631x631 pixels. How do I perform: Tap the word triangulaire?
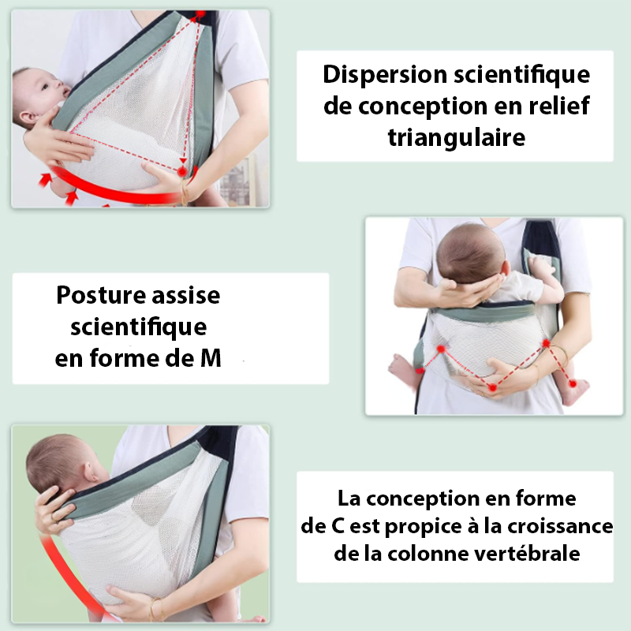pyautogui.click(x=457, y=137)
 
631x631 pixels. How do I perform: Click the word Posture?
pyautogui.click(x=101, y=295)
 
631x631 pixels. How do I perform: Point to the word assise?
pyautogui.click(x=186, y=295)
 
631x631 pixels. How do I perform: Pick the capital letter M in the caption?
pyautogui.click(x=211, y=358)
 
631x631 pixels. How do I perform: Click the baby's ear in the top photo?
pyautogui.click(x=28, y=118)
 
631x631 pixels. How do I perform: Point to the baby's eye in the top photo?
pyautogui.click(x=44, y=88)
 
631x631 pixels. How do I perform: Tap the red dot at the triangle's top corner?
pyautogui.click(x=200, y=14)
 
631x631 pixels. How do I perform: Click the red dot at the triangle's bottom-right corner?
pyautogui.click(x=182, y=171)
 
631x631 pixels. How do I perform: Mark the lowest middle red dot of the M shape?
pyautogui.click(x=492, y=387)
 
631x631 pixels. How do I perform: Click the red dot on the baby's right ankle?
pyautogui.click(x=573, y=384)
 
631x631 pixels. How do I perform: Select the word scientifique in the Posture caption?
pyautogui.click(x=139, y=327)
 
